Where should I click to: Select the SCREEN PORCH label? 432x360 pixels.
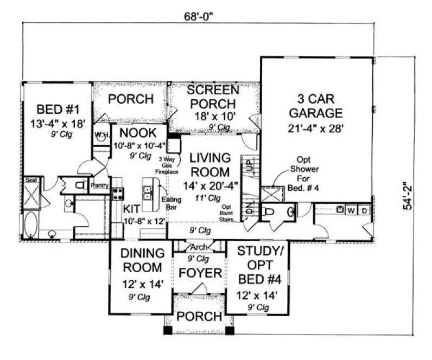(213, 97)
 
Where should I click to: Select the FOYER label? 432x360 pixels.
(200, 272)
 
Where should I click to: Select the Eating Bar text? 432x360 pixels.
(171, 203)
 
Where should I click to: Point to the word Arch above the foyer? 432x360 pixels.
(199, 247)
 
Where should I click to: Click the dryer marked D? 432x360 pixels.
(364, 210)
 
